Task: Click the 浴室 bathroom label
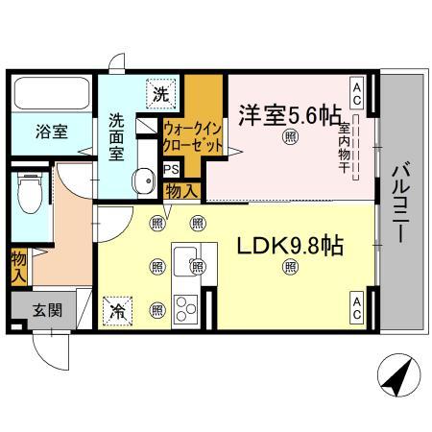(x=53, y=132)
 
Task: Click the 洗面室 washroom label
(x=117, y=135)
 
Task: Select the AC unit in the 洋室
(x=355, y=92)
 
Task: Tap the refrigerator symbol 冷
(x=116, y=309)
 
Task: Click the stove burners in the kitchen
(x=186, y=309)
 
